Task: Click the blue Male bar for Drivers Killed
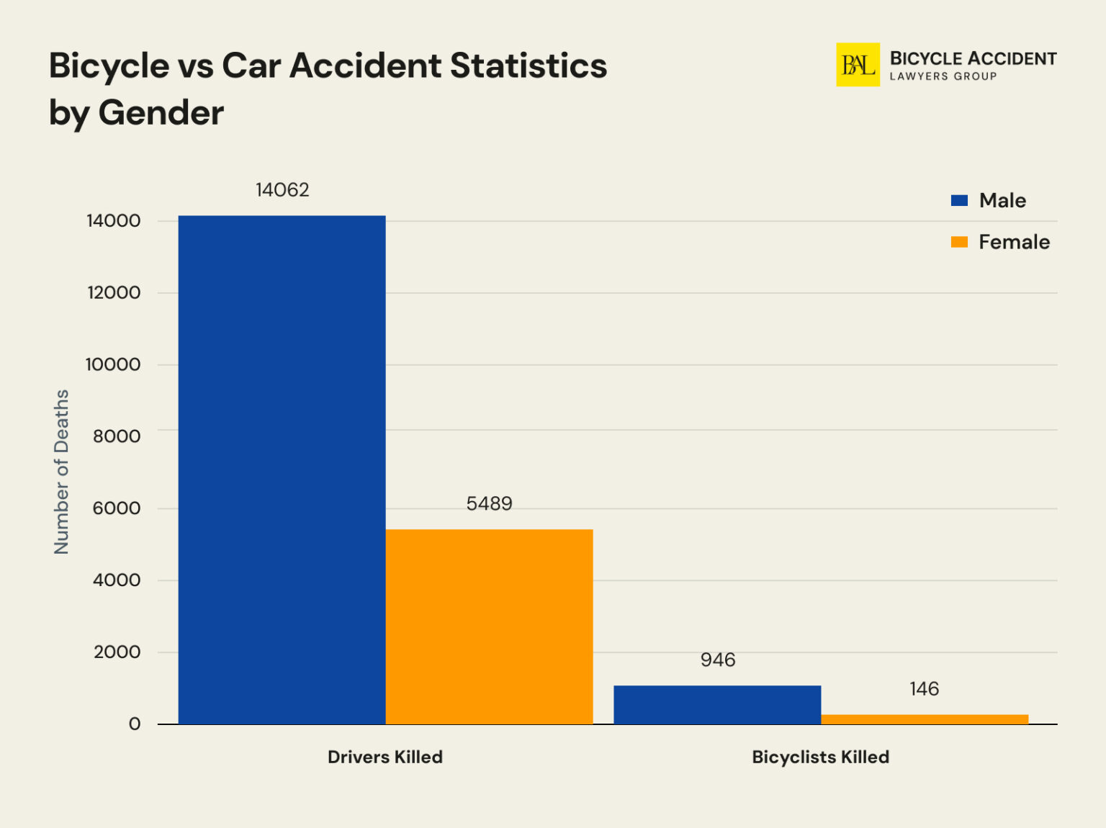[x=282, y=469]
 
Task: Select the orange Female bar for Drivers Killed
[x=489, y=626]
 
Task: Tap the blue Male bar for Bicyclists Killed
[x=717, y=704]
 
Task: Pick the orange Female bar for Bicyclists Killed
[x=925, y=719]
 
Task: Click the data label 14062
[x=282, y=190]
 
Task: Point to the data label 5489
[x=489, y=503]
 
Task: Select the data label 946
[x=718, y=660]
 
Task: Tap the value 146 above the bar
[x=924, y=689]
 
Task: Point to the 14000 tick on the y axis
[x=114, y=221]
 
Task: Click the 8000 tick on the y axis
[x=117, y=436]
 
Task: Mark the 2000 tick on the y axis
[x=117, y=652]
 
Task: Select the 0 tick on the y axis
[x=135, y=724]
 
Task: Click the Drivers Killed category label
[x=385, y=757]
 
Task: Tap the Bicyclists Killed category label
[x=820, y=757]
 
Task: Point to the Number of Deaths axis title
[x=61, y=472]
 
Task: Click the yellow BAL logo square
[x=858, y=65]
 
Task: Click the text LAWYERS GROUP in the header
[x=943, y=76]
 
